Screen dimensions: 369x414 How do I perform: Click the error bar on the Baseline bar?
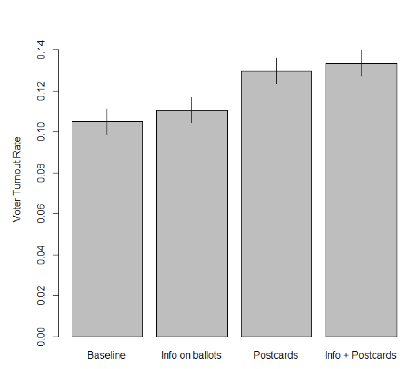point(107,121)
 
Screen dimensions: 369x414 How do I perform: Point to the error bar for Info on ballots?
point(192,110)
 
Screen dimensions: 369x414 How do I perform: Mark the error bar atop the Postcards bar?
point(277,71)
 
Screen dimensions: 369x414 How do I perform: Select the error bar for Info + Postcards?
point(361,63)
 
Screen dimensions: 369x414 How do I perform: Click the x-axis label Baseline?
point(106,355)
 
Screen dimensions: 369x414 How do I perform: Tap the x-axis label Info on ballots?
point(191,355)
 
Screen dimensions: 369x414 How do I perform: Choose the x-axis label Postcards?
point(276,355)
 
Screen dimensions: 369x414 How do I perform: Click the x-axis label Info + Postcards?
point(361,355)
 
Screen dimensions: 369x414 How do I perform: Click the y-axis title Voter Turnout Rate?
point(17,179)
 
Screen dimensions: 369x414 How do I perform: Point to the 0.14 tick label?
point(41,50)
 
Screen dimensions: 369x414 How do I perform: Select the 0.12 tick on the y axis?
point(41,91)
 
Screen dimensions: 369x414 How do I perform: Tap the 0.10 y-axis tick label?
point(41,132)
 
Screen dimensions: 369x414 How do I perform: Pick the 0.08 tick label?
point(41,173)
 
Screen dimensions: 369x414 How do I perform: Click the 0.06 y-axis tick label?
point(41,214)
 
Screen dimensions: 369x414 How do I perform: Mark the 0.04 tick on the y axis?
point(41,255)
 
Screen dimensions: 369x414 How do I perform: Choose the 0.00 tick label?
point(41,337)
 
